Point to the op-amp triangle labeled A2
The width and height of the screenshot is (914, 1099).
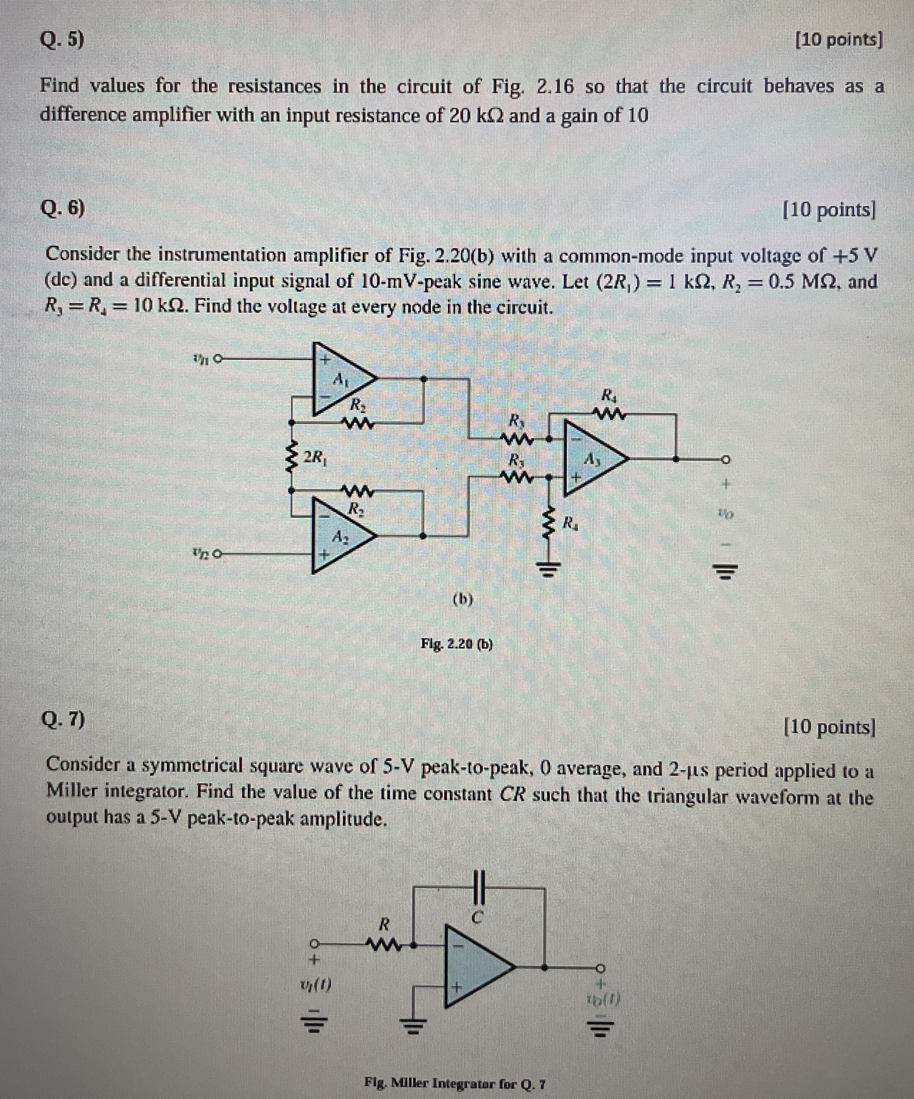(x=341, y=537)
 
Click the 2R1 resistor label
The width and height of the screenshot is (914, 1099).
(x=316, y=457)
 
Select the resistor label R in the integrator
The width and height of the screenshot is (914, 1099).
(x=384, y=924)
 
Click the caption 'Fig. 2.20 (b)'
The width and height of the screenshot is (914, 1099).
(x=457, y=644)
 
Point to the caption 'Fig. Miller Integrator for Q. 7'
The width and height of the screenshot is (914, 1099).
(x=456, y=1082)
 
